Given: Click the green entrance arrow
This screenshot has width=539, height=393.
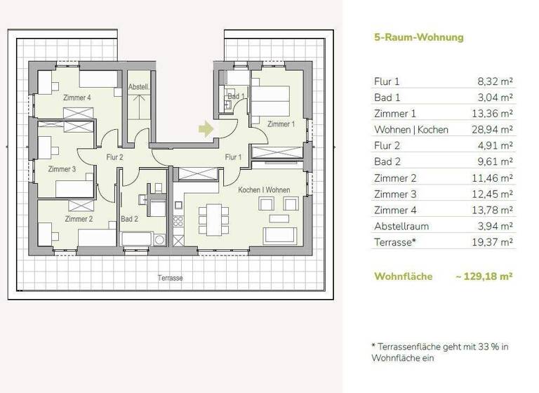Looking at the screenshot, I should click(x=205, y=129).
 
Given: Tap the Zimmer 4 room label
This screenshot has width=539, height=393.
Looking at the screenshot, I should click(x=77, y=98).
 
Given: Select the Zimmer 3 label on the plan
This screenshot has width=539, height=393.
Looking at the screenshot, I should click(x=62, y=169).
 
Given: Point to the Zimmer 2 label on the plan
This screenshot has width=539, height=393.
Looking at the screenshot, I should click(x=79, y=219).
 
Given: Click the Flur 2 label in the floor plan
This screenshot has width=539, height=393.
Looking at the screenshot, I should click(x=114, y=157).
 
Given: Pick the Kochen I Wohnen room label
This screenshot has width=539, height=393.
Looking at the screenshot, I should click(x=264, y=191).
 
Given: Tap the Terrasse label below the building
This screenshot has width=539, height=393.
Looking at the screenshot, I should click(x=171, y=278).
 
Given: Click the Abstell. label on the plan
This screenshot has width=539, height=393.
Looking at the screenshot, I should click(x=138, y=87).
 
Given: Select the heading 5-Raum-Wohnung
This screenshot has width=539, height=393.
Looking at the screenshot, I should click(x=418, y=37).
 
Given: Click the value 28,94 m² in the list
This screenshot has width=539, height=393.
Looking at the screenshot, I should click(x=492, y=130).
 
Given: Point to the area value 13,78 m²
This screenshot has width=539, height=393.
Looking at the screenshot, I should click(x=492, y=211).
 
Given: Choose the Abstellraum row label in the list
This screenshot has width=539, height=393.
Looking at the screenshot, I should click(x=401, y=227).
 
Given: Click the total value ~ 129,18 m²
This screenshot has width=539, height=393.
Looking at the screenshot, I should click(x=484, y=277).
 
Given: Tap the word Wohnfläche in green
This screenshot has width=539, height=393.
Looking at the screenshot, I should click(x=403, y=277).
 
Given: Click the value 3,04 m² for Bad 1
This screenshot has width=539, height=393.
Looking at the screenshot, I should click(x=495, y=98).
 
